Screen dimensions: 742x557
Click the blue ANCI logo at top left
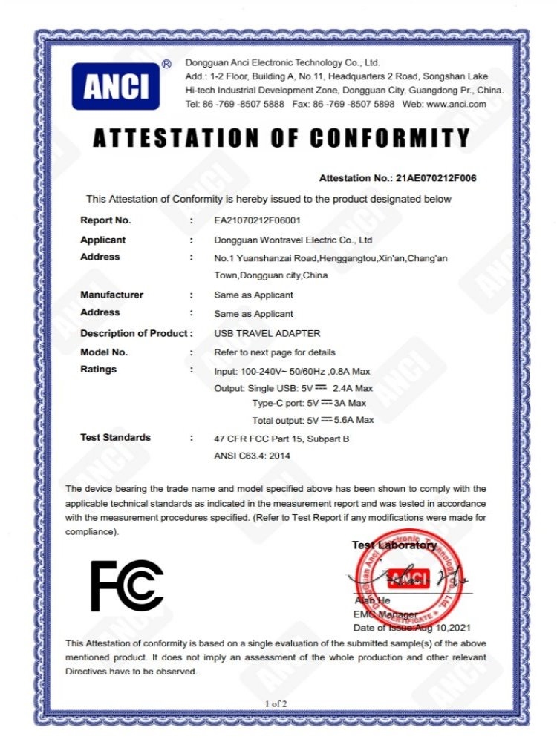point(115,86)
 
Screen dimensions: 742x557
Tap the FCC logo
point(127,585)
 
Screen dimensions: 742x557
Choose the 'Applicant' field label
point(102,240)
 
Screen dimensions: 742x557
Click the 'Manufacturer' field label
point(111,295)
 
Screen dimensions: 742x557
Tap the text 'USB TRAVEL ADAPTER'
point(256,333)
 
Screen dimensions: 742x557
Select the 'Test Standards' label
point(115,437)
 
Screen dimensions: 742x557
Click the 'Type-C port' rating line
point(309,403)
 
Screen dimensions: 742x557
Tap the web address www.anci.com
point(456,104)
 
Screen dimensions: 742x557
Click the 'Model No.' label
point(104,352)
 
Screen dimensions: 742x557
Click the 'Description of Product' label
point(134,333)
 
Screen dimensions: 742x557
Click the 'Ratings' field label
point(98,369)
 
